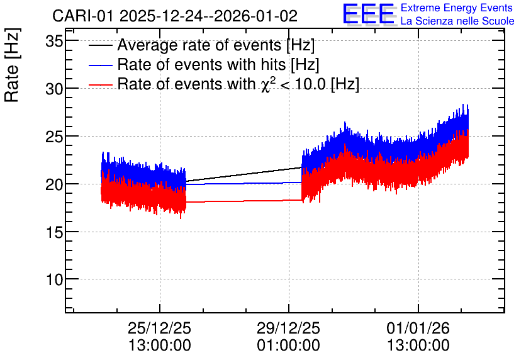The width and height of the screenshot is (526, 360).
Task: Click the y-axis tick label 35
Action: tap(54, 42)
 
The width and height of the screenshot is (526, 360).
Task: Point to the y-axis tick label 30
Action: tap(54, 89)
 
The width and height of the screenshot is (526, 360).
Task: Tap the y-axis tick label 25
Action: tap(54, 137)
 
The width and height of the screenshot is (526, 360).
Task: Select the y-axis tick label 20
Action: tap(54, 185)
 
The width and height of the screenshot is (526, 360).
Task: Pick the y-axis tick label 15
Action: tap(54, 232)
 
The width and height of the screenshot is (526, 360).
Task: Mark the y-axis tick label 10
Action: tap(54, 279)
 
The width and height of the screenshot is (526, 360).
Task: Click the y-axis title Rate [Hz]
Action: tap(12, 65)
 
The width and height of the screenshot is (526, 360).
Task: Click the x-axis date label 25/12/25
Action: tap(159, 328)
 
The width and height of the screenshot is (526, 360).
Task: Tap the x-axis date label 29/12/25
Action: tap(289, 328)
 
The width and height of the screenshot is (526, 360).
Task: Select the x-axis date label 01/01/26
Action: tap(418, 328)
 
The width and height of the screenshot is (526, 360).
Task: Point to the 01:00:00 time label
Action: tap(289, 346)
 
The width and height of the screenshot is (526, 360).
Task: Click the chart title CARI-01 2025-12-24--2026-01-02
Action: tap(175, 16)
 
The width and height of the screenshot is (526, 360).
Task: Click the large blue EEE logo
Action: tap(368, 14)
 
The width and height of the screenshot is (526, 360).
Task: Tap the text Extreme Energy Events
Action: tap(457, 8)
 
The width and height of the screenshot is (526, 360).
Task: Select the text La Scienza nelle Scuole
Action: tap(457, 21)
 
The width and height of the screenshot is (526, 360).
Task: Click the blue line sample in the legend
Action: tap(100, 65)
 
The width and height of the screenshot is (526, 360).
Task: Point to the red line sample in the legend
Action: tap(100, 85)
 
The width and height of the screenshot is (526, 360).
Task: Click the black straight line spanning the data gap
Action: tap(244, 174)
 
